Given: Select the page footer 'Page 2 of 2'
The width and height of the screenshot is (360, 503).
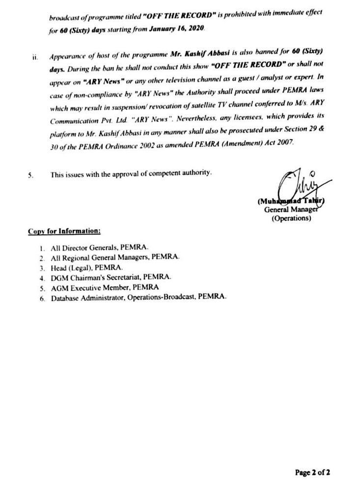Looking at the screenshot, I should click(312, 473).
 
